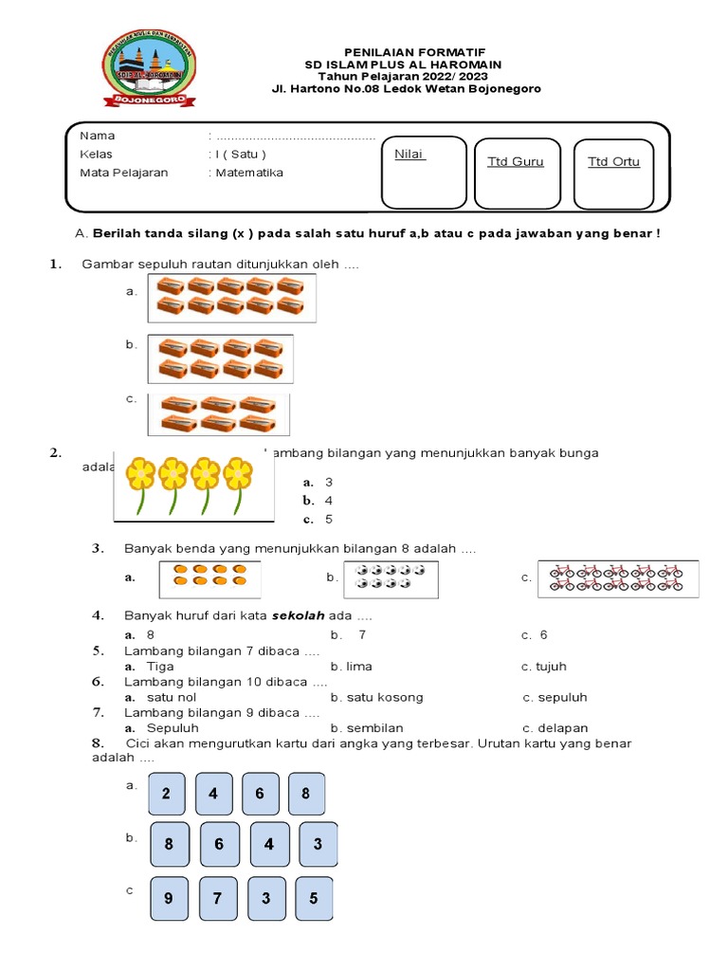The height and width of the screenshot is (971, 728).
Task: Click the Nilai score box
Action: coord(424,172)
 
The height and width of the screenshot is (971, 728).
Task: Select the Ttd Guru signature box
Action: coord(517,174)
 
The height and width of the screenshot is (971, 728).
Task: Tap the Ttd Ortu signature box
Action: coord(614,174)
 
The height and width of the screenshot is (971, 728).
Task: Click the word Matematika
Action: coord(249,173)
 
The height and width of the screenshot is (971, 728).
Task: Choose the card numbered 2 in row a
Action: coord(167,794)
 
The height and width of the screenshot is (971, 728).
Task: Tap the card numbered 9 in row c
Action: coord(169,898)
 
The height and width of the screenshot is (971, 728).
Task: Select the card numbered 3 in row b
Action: coord(318,844)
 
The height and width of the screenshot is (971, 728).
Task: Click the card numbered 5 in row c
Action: coord(314,898)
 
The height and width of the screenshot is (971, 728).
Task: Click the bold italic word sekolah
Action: coord(300,615)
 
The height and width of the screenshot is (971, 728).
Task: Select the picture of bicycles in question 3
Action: coord(617,577)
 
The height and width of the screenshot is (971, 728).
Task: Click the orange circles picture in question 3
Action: coord(209,578)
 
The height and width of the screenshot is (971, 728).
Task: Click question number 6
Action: coord(98,681)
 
